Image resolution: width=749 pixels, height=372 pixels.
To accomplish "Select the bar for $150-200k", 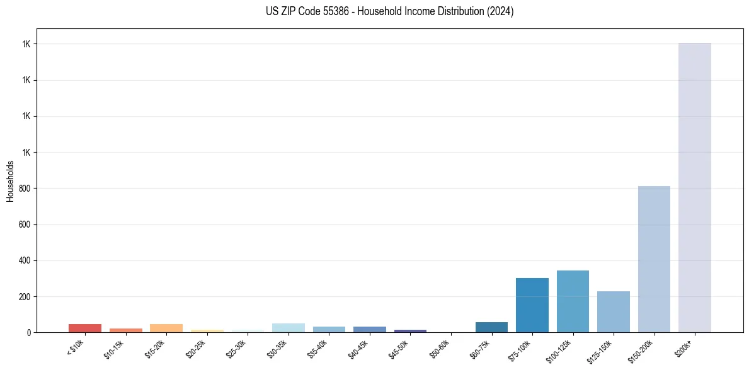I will pyautogui.click(x=654, y=259).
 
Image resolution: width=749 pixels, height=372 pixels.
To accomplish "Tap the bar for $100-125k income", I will pyautogui.click(x=573, y=301).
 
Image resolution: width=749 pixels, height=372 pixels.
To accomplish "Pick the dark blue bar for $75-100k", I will pyautogui.click(x=532, y=305).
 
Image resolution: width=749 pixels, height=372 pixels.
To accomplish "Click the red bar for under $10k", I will pyautogui.click(x=85, y=328).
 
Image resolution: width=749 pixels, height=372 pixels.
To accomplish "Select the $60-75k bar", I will pyautogui.click(x=491, y=327).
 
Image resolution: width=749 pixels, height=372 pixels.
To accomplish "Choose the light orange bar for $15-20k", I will pyautogui.click(x=166, y=328).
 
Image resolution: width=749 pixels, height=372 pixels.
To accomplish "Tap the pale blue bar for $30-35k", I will pyautogui.click(x=288, y=328).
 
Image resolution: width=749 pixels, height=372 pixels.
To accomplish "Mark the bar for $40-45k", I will pyautogui.click(x=369, y=329).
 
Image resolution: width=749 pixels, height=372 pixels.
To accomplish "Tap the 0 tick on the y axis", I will pyautogui.click(x=28, y=332).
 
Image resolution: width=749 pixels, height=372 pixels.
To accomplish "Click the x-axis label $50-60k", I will pyautogui.click(x=439, y=347).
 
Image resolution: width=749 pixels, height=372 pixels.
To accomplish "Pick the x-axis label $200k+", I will pyautogui.click(x=684, y=346).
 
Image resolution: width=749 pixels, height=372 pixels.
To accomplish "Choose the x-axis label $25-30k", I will pyautogui.click(x=236, y=347).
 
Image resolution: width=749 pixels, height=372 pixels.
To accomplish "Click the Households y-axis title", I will pyautogui.click(x=10, y=181).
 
